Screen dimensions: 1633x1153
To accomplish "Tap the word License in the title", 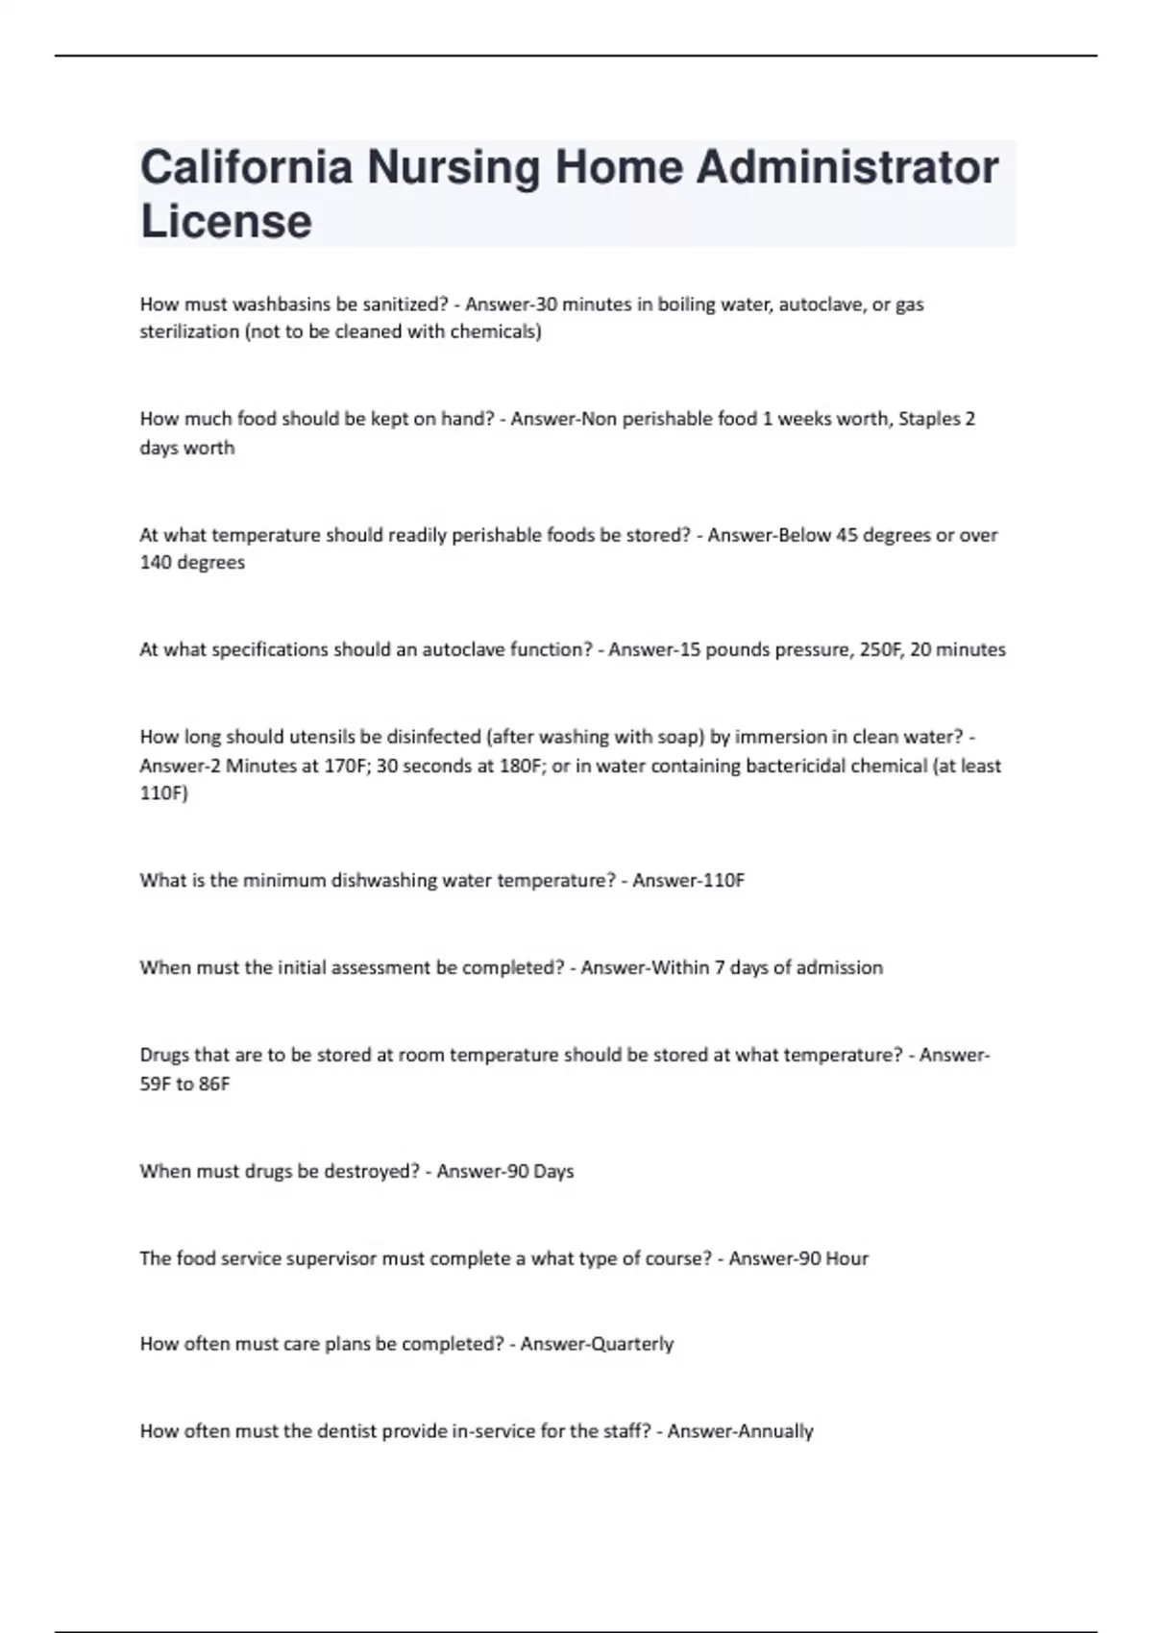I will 226,221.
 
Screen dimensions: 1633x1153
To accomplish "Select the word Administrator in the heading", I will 846,167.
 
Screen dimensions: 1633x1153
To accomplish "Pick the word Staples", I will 929,419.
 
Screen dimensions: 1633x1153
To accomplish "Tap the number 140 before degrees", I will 155,563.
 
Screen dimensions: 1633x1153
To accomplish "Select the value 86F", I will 214,1085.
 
